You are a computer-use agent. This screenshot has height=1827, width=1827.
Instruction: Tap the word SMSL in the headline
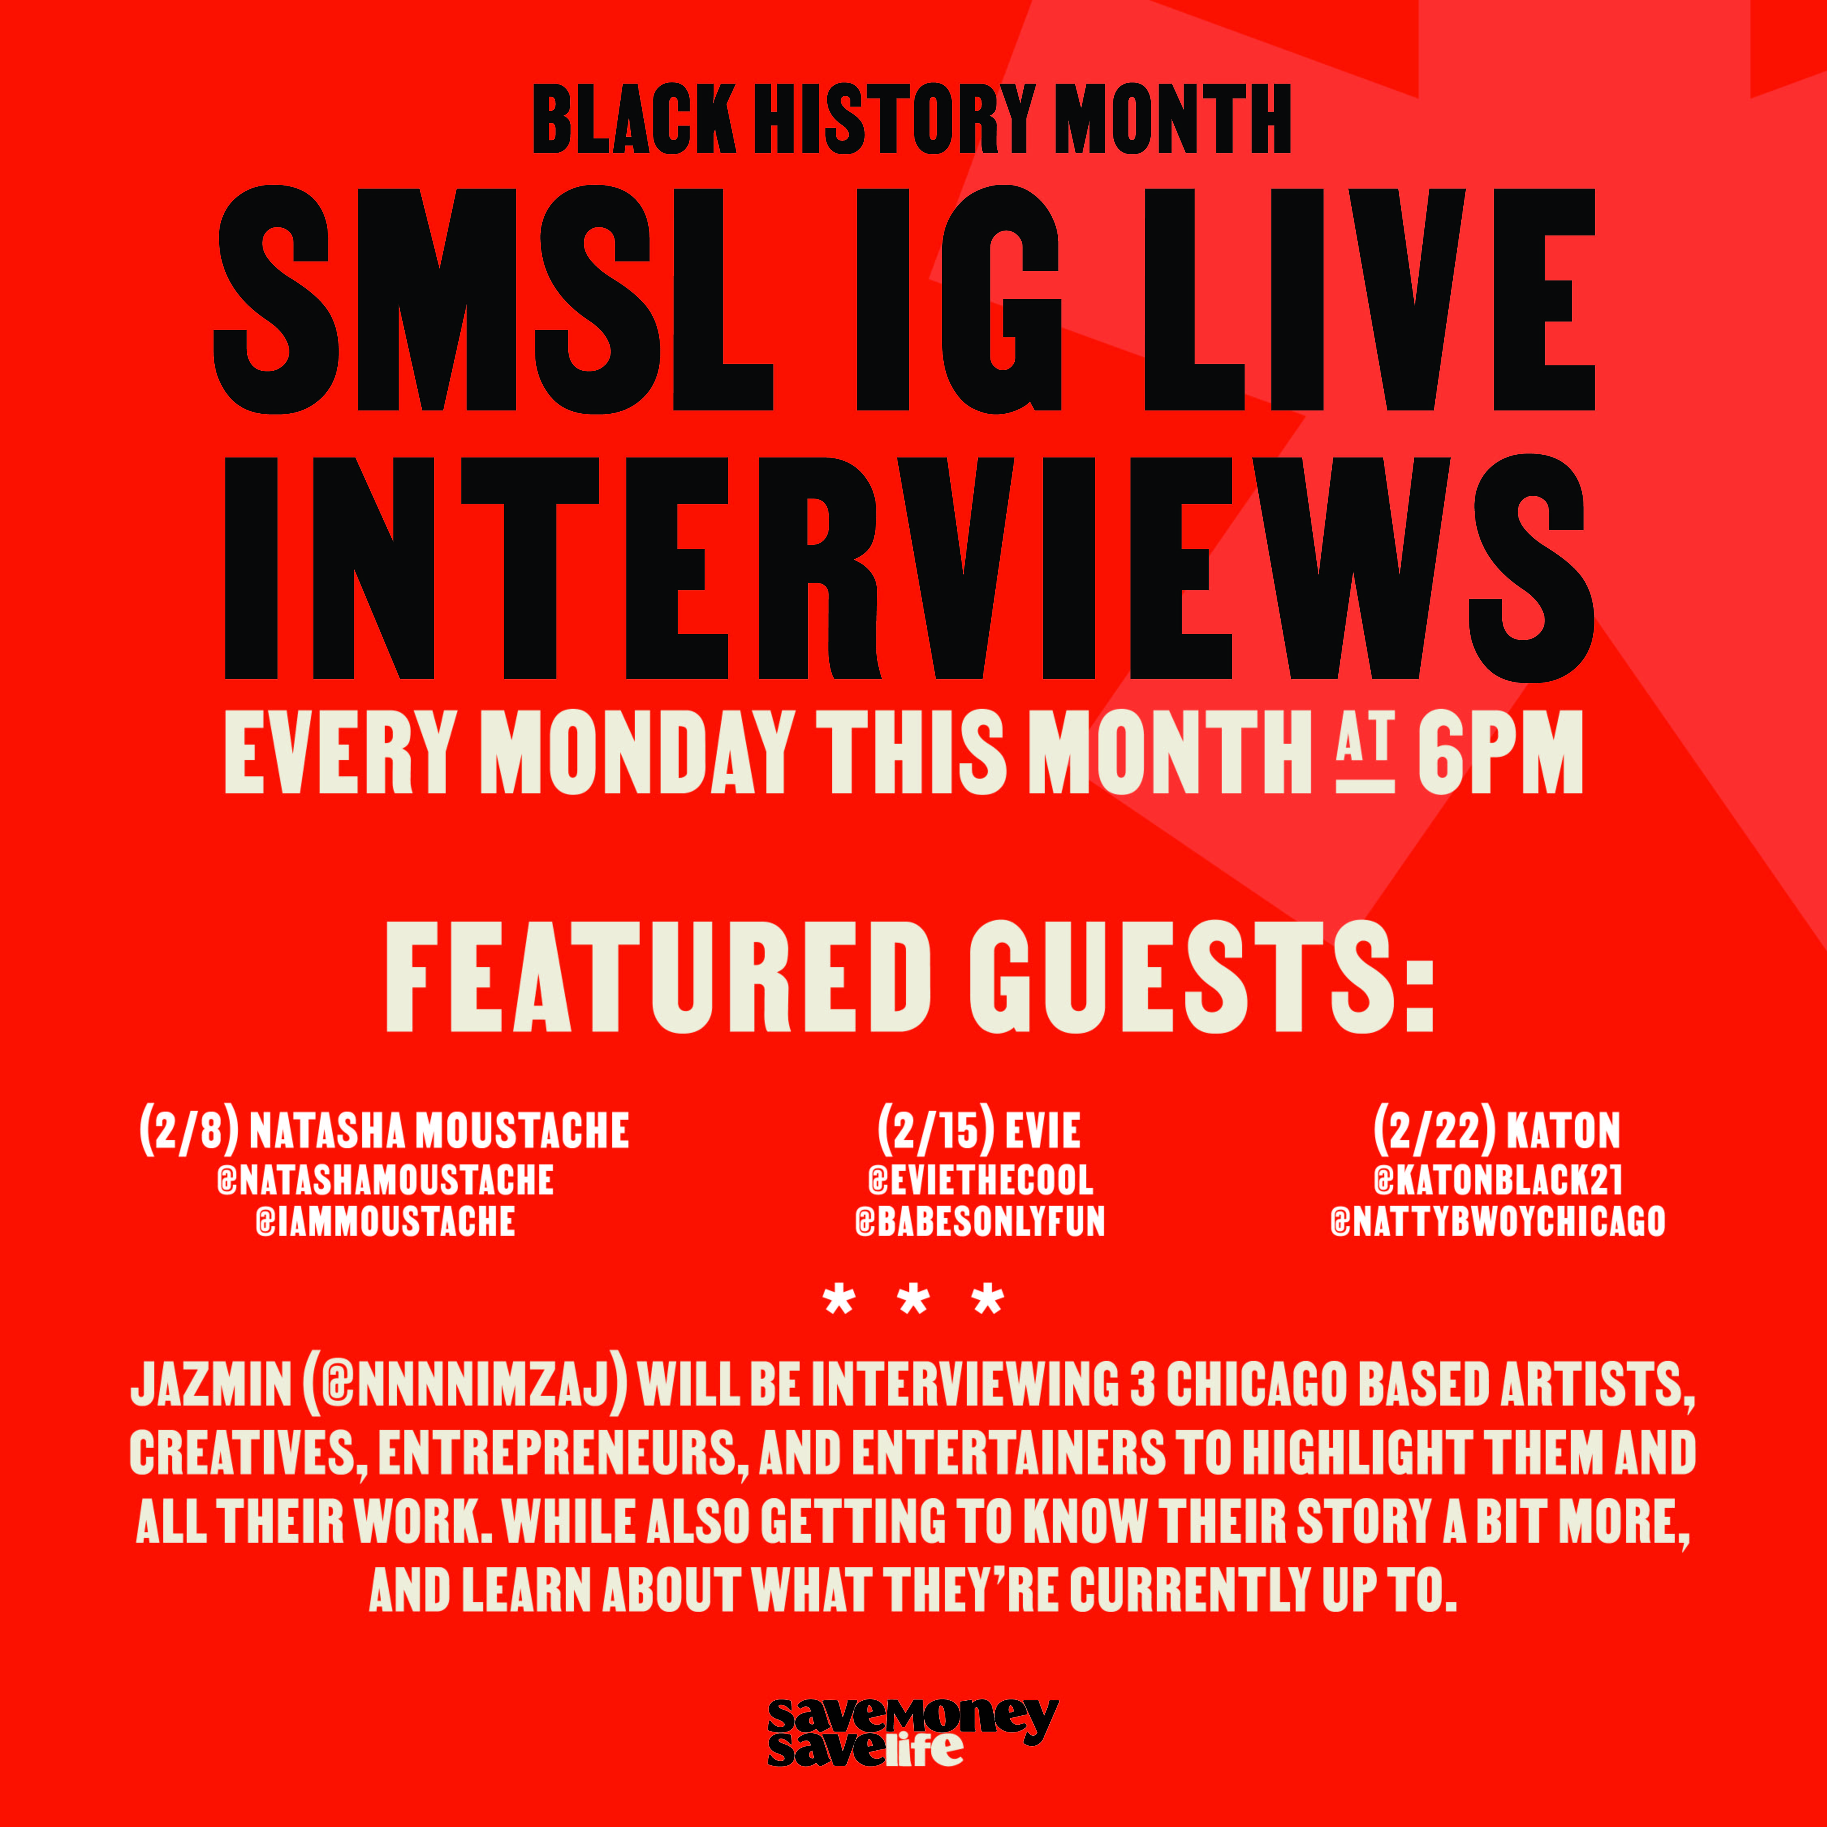point(492,300)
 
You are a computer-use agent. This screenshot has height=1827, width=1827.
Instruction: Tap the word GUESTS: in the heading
point(1201,977)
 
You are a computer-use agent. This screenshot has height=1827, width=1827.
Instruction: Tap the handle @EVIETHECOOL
point(981,1180)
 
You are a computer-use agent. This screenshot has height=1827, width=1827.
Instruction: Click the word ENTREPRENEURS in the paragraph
point(557,1453)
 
